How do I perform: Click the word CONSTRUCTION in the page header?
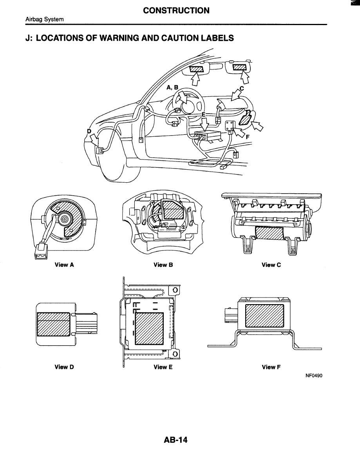pos(176,11)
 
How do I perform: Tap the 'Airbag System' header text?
pos(40,20)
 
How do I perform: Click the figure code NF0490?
pos(316,375)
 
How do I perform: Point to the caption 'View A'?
pos(64,265)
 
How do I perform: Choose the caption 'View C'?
pos(271,265)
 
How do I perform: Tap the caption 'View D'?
pos(64,367)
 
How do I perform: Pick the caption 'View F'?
pos(271,367)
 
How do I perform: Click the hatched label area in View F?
pos(264,316)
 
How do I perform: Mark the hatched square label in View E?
pos(148,328)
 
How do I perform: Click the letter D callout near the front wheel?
pos(89,131)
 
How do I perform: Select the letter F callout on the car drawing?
pos(248,138)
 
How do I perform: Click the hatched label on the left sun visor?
pos(197,69)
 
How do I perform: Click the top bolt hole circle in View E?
pos(175,290)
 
